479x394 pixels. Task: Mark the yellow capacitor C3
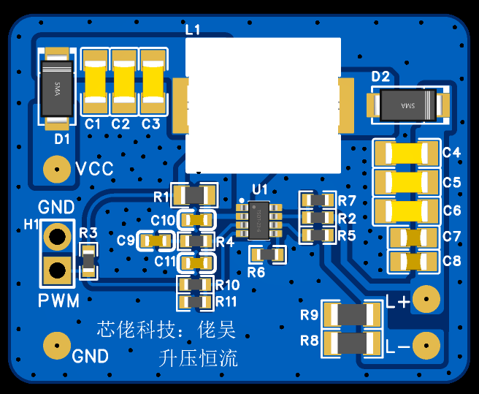click(x=153, y=81)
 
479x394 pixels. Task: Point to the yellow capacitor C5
click(x=407, y=183)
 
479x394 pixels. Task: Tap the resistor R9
click(x=351, y=315)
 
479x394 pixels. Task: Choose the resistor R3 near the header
click(x=88, y=260)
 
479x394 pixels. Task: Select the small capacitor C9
click(x=156, y=240)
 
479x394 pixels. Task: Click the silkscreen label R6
click(x=256, y=273)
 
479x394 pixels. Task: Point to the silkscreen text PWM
click(x=58, y=300)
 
